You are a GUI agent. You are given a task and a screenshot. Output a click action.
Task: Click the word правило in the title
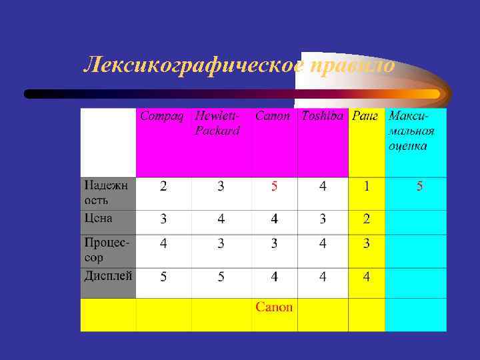tap(353, 65)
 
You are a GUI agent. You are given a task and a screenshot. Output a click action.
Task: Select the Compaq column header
tap(164, 116)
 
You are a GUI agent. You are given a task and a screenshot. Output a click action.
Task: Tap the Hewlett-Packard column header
tap(218, 123)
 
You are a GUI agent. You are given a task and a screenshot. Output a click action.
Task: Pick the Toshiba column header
tap(323, 116)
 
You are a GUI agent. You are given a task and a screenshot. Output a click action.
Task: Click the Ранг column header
tap(366, 116)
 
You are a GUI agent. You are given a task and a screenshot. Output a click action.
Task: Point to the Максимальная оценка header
tap(409, 131)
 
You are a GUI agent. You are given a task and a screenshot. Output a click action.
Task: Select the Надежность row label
tap(107, 191)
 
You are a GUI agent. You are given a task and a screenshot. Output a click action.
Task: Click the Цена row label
tap(99, 218)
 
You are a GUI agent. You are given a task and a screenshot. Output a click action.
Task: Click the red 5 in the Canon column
tap(274, 186)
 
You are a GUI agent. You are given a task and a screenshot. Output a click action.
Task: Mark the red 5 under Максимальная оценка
tap(419, 186)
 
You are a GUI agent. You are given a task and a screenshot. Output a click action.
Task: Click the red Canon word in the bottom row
tap(274, 307)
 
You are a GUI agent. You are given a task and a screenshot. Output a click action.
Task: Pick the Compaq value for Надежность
tap(163, 186)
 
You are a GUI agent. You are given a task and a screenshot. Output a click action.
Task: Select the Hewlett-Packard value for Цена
tap(221, 219)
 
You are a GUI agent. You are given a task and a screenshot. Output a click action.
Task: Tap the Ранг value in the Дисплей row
tap(366, 276)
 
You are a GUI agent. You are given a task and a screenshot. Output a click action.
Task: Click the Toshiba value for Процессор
tap(323, 243)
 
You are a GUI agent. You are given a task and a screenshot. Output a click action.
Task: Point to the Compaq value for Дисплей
tap(163, 276)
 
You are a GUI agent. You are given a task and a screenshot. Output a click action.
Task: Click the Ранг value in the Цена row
tap(366, 219)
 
